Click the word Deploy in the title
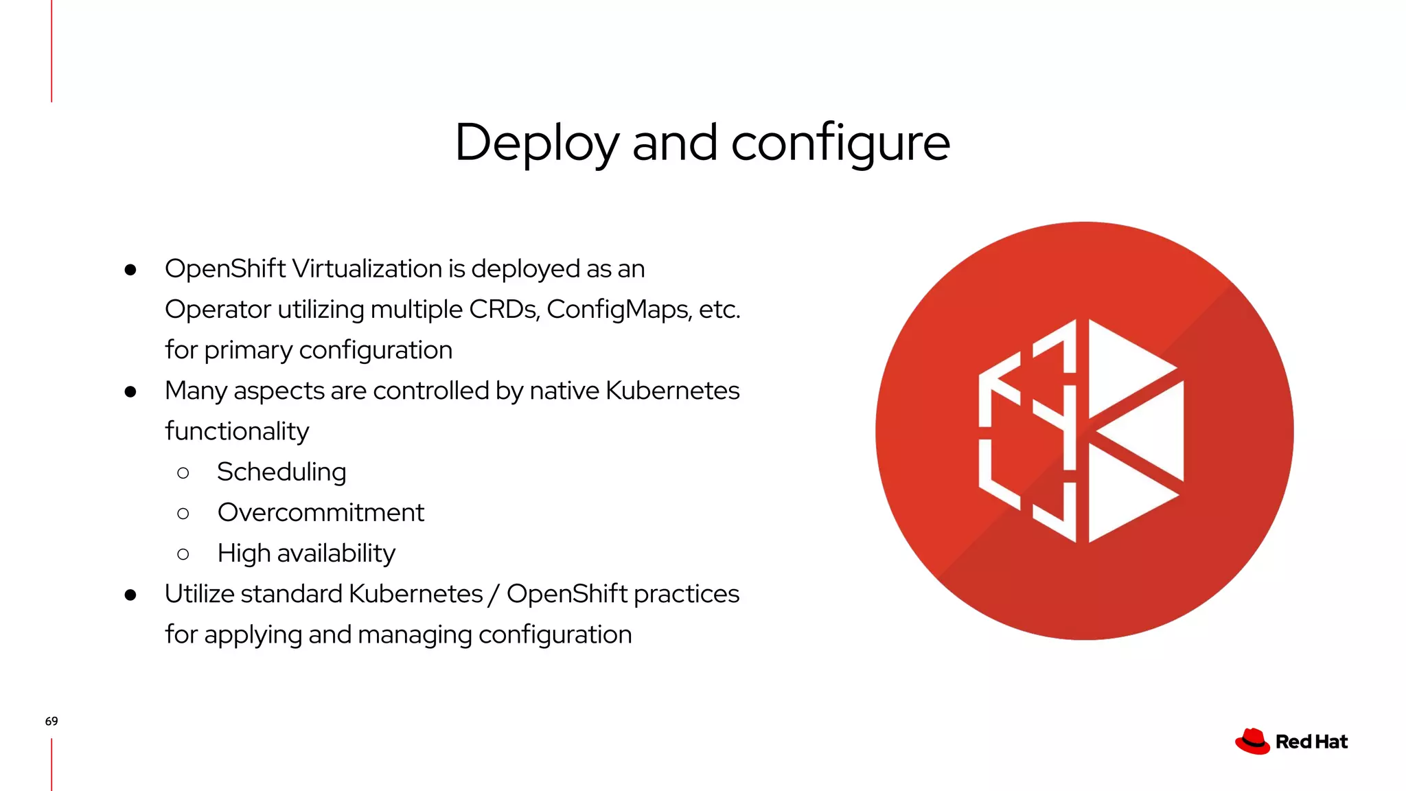point(536,143)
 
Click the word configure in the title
point(840,143)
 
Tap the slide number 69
point(51,721)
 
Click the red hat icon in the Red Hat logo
point(1252,742)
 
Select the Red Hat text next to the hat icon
point(1311,742)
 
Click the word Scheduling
point(281,472)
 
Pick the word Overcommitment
point(321,512)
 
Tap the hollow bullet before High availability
point(183,553)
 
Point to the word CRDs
point(504,309)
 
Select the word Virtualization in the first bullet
point(367,268)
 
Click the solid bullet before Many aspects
point(130,391)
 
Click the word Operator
point(218,309)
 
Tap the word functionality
point(237,431)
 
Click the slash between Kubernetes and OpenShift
point(493,594)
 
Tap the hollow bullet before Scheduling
point(183,472)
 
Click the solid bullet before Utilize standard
point(130,595)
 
